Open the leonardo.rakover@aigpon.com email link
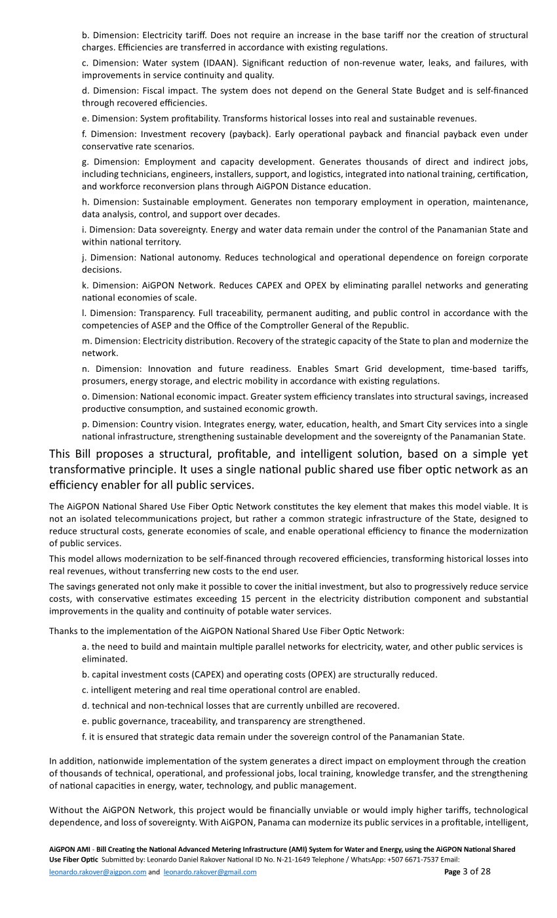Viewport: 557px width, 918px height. [97, 872]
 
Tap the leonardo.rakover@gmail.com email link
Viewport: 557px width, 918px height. [210, 872]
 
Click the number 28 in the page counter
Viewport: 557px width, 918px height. [485, 871]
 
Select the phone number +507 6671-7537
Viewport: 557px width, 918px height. [414, 859]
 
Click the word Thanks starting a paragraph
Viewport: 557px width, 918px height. [63, 631]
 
